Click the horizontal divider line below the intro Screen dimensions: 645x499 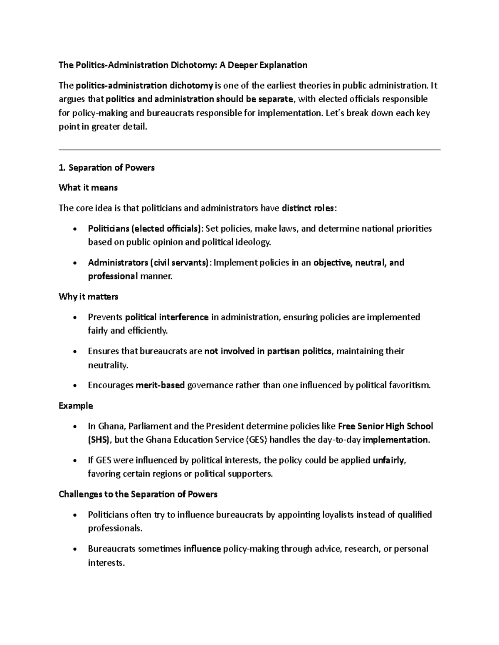(249, 149)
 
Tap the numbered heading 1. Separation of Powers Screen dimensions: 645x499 (107, 168)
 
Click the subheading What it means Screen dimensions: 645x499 (88, 188)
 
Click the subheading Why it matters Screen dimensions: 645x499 (89, 297)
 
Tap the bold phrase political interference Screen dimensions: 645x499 (167, 317)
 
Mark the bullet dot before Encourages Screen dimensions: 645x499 (74, 386)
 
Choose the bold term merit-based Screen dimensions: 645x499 (160, 385)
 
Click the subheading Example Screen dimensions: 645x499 (76, 406)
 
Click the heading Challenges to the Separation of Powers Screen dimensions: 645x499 (138, 495)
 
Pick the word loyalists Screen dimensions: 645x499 (338, 515)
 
